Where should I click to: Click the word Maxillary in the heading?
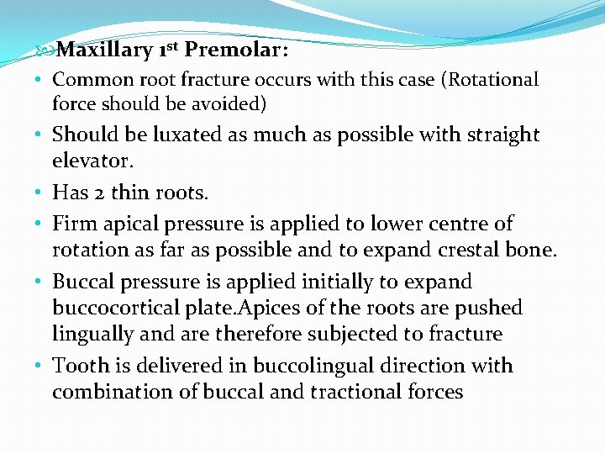107,50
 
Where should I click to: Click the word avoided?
232,104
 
